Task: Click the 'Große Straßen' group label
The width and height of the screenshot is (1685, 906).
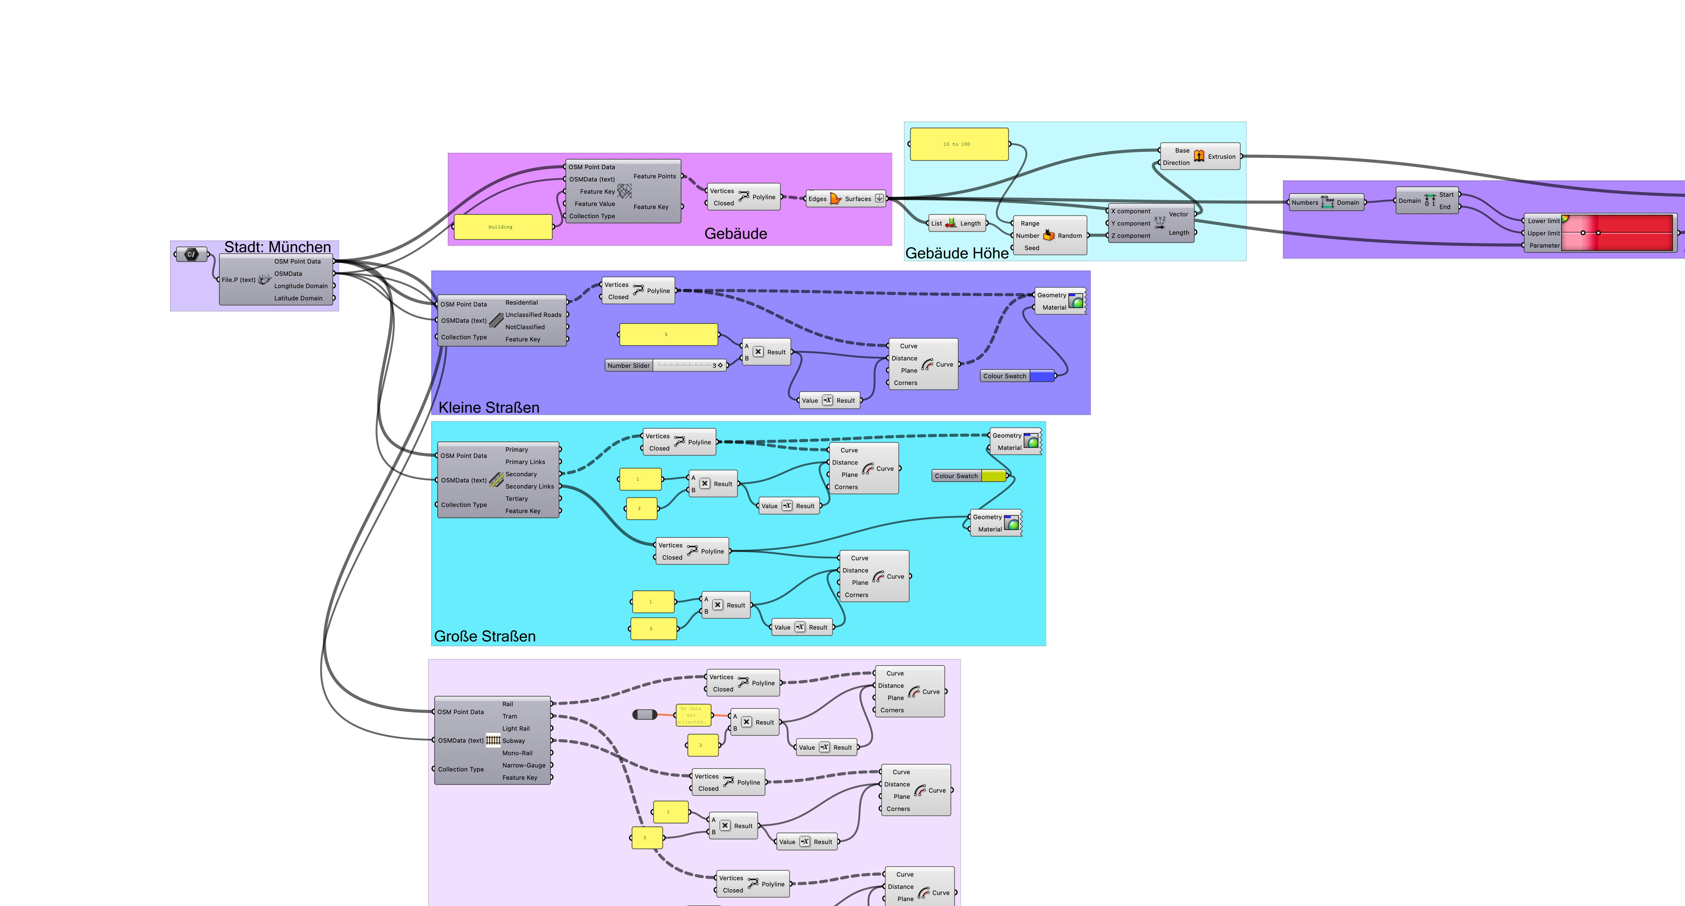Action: [485, 636]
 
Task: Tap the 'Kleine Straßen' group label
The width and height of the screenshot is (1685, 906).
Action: [489, 408]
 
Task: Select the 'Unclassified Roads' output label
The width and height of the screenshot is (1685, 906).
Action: [533, 315]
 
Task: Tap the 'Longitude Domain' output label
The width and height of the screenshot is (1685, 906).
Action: [300, 286]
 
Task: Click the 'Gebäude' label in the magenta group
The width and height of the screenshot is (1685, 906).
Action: [735, 234]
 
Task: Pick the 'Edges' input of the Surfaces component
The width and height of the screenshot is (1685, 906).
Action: [817, 199]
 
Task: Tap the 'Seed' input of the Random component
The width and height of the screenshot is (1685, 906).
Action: [1032, 248]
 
